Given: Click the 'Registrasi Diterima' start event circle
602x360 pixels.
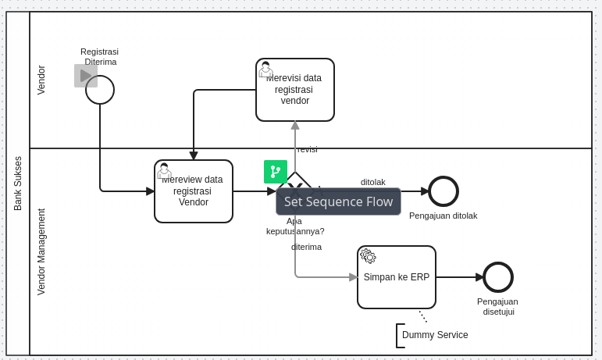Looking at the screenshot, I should tap(100, 90).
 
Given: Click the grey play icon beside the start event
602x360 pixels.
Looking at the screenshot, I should tap(85, 76).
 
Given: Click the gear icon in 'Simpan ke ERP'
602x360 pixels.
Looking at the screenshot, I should tap(369, 256).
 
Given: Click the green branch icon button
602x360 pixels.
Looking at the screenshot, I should tap(276, 172).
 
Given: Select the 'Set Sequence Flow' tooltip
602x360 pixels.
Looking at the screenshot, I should tap(338, 201).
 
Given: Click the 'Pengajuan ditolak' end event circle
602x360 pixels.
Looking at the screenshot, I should tap(443, 191).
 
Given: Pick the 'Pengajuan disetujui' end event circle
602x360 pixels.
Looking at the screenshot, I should tap(498, 277).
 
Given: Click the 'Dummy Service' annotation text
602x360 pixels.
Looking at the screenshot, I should tap(435, 335).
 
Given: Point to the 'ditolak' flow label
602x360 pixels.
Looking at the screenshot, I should tap(373, 182).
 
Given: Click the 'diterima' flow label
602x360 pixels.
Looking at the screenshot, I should tap(306, 247).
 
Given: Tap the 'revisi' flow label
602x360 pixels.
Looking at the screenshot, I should tap(307, 149).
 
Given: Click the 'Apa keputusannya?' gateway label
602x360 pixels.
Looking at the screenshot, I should tap(295, 226).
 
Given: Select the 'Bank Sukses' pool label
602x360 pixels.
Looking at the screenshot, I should tap(18, 184).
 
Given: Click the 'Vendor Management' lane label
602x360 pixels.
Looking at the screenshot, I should tap(42, 251).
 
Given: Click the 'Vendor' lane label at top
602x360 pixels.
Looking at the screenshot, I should tap(42, 80).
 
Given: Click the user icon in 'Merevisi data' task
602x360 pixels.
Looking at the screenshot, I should tap(265, 70).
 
